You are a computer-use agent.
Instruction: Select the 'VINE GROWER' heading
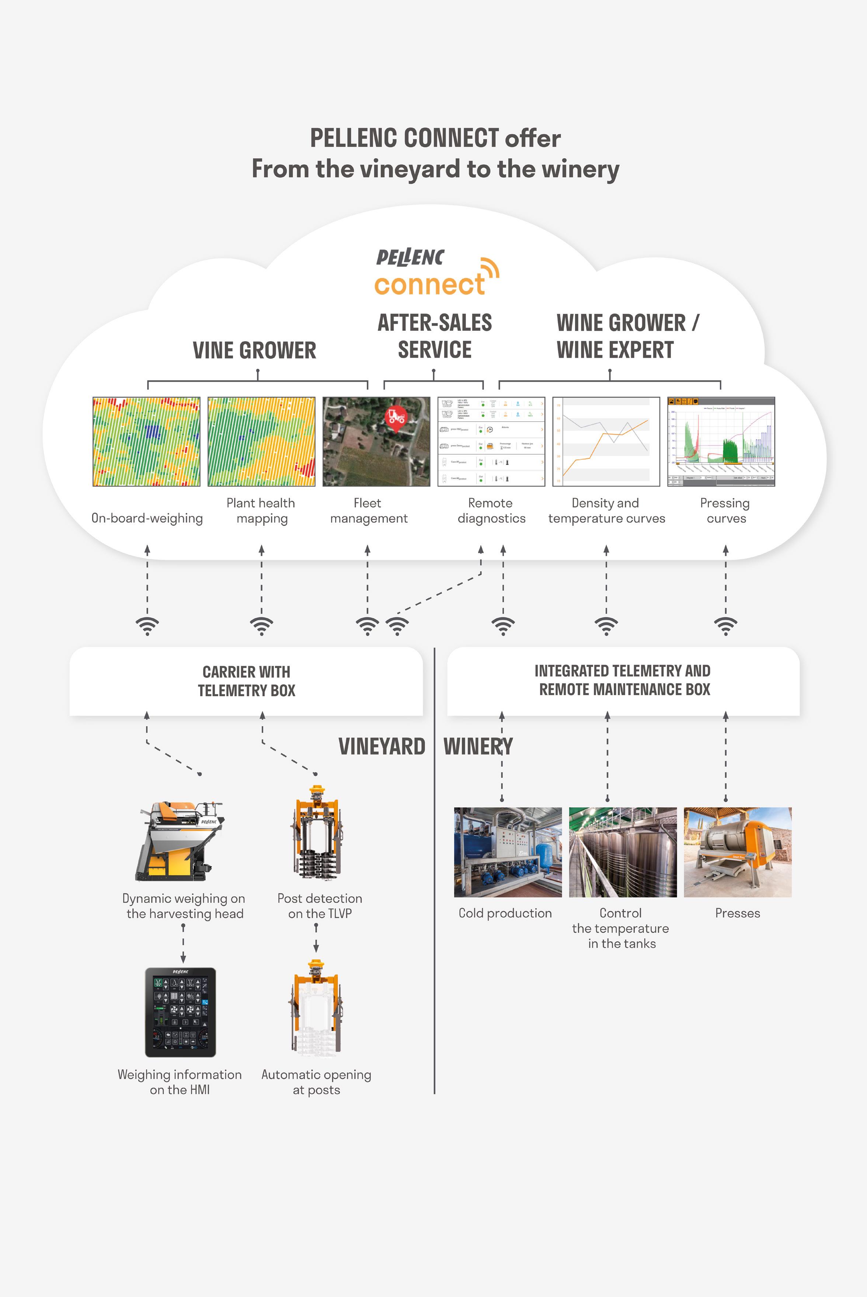click(x=254, y=350)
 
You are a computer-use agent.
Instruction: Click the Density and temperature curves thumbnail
click(x=606, y=441)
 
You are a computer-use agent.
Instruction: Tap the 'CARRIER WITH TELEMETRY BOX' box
click(x=246, y=681)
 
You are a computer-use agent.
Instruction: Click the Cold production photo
click(x=508, y=852)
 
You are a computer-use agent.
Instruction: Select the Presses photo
click(x=738, y=852)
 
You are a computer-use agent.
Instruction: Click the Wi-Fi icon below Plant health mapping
click(x=262, y=625)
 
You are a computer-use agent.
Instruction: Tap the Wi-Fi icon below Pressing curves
click(x=725, y=625)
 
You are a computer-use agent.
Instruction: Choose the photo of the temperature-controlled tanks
click(x=623, y=852)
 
